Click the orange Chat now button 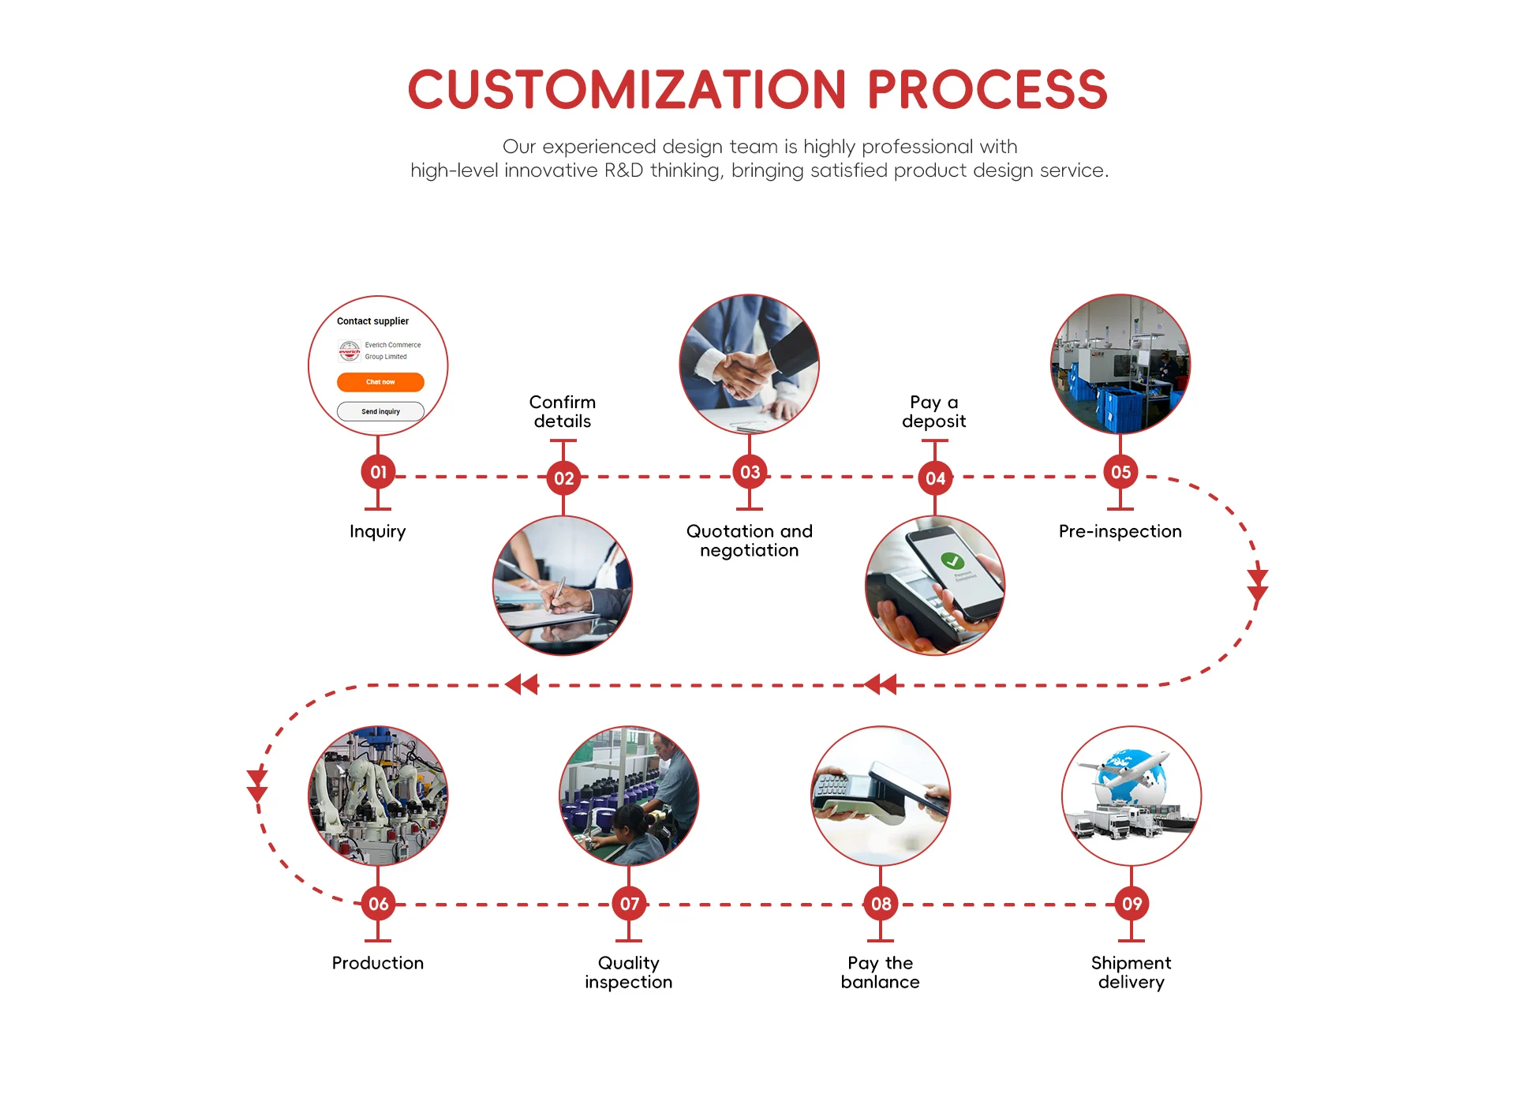(x=380, y=382)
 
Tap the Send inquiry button (x=380, y=411)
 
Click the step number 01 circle (x=378, y=472)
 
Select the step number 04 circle (x=935, y=478)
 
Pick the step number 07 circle (x=629, y=904)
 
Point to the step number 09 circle (x=1132, y=904)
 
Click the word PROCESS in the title (x=987, y=89)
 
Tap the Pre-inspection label (x=1120, y=531)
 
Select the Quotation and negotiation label (x=749, y=541)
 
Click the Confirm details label (x=563, y=411)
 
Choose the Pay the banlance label (x=880, y=972)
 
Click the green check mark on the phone (x=952, y=560)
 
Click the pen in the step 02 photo (x=558, y=591)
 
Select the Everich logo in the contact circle (x=350, y=350)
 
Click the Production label (x=378, y=963)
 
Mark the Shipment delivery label (x=1131, y=972)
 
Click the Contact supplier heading (x=372, y=321)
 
